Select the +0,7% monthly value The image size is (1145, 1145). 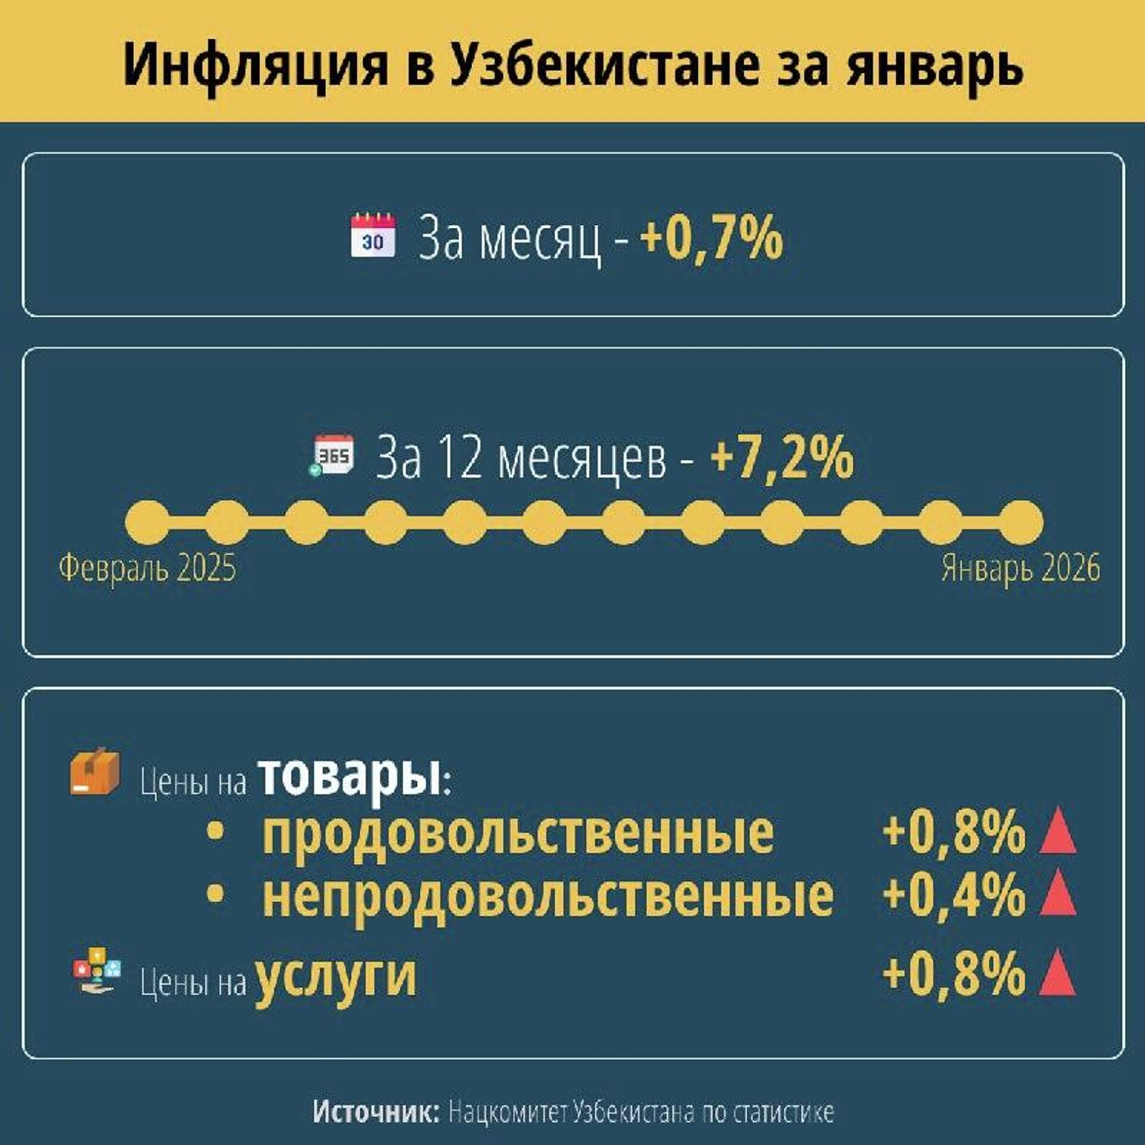click(711, 238)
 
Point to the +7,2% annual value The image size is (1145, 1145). click(782, 457)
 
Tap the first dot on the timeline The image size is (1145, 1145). click(147, 522)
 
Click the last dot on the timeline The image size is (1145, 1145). click(1022, 522)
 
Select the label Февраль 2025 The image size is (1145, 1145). click(147, 568)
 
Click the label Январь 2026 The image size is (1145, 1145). click(1020, 568)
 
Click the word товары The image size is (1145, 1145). click(350, 777)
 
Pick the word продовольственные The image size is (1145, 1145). click(518, 833)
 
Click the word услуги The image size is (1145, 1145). click(336, 977)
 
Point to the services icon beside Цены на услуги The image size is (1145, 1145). click(96, 970)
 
